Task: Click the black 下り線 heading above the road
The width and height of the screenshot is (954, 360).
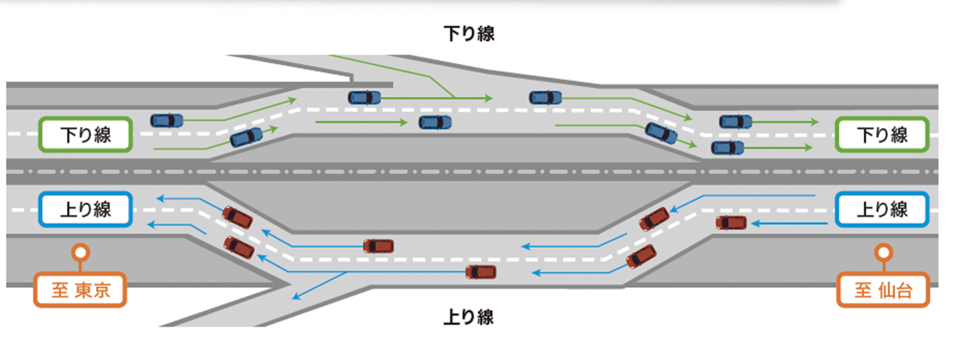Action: (x=469, y=34)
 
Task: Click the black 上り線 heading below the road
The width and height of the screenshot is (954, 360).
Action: (x=469, y=318)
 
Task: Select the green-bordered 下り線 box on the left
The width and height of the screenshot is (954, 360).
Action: (x=85, y=135)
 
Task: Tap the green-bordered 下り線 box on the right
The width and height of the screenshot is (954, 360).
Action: (x=882, y=135)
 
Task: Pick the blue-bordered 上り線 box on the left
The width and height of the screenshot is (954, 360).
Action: (x=85, y=209)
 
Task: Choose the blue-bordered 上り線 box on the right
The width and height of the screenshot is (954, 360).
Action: (x=882, y=209)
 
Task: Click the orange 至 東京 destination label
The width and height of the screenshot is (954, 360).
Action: (x=80, y=290)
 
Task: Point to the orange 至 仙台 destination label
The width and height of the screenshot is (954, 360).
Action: (x=883, y=290)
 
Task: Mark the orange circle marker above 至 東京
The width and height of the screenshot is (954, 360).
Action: (x=81, y=252)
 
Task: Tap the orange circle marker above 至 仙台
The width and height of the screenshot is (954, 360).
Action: (x=884, y=252)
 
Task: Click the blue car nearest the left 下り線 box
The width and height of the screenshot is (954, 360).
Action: (x=166, y=121)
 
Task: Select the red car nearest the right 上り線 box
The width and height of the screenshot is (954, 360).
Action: (x=731, y=223)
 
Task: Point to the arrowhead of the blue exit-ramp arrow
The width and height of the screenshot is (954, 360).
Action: (x=295, y=297)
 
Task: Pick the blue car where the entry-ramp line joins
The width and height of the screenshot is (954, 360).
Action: (x=364, y=98)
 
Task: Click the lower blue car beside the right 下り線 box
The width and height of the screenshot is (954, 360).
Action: (x=727, y=147)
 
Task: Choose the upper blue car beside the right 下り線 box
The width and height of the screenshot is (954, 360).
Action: (x=735, y=122)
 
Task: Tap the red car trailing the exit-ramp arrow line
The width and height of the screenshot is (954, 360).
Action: (x=481, y=272)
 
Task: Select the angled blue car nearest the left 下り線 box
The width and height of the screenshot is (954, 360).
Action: (x=246, y=137)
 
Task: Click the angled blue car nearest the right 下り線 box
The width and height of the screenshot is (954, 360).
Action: (x=661, y=133)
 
